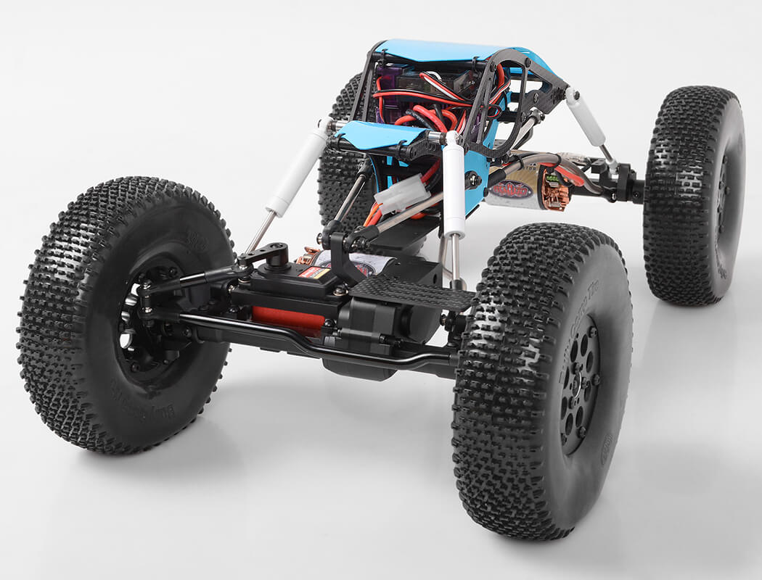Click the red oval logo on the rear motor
pos(512,190)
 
